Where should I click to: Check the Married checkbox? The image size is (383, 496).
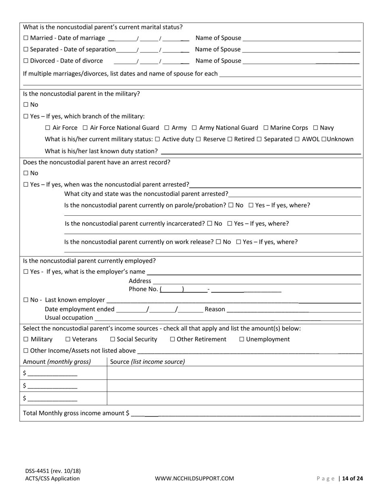point(26,38)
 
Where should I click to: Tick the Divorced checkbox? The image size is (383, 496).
point(26,61)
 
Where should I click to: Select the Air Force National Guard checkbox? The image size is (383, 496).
point(85,128)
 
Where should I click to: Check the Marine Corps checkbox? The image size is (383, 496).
point(266,128)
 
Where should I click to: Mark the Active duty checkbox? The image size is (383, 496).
point(157,139)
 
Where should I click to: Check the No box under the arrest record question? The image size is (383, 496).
point(26,173)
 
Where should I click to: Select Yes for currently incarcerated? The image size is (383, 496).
point(230,224)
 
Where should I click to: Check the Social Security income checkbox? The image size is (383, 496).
point(112,340)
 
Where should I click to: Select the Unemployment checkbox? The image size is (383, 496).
point(242,340)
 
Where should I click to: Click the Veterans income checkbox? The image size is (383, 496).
point(68,340)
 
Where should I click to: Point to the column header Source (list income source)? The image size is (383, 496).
point(148,362)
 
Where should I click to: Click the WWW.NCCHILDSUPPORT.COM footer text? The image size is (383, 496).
point(194,478)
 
